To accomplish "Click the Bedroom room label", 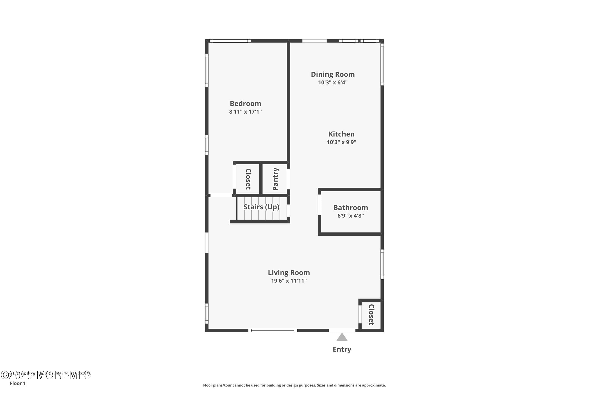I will [245, 104].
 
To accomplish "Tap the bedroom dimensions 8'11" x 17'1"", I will [245, 112].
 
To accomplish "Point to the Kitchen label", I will [341, 134].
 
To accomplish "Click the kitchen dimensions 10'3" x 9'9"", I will [341, 142].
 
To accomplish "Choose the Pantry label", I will [275, 179].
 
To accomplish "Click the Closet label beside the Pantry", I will [248, 179].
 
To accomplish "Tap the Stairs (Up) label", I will [261, 207].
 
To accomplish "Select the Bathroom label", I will [350, 207].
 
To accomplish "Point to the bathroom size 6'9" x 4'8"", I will [350, 216].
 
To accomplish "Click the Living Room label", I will [289, 272].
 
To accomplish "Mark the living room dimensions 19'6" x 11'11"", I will [289, 281].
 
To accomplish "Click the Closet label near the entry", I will [371, 315].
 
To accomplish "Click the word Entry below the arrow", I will [342, 349].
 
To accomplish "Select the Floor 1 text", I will [18, 383].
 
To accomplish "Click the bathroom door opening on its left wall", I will [319, 205].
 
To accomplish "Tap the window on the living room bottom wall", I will [272, 330].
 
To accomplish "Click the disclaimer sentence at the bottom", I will [294, 385].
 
